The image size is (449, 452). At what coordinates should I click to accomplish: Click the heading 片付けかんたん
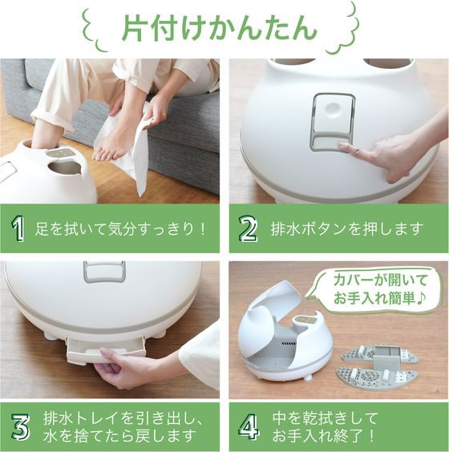click(220, 29)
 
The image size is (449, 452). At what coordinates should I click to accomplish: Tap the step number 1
click(18, 229)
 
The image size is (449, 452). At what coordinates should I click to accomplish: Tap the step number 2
click(248, 229)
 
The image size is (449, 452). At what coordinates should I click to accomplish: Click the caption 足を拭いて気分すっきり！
click(120, 229)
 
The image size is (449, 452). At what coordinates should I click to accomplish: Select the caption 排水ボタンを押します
click(346, 229)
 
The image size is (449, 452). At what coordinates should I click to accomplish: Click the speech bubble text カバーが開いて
click(380, 280)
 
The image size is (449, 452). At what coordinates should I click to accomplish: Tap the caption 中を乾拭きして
click(325, 418)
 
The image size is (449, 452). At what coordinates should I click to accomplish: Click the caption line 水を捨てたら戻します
click(119, 436)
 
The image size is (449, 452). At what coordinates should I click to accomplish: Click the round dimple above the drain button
click(333, 110)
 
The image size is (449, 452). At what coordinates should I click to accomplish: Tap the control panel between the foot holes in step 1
click(61, 152)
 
